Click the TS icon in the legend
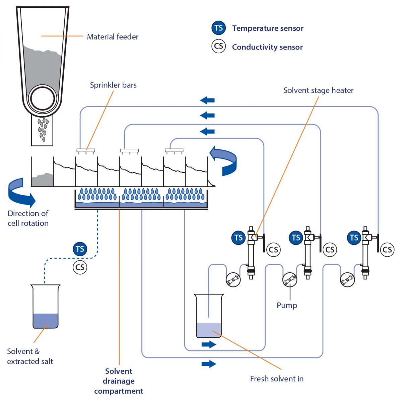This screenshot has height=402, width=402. click(219, 28)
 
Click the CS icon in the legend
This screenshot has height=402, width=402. click(219, 46)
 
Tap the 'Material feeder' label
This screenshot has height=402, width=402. click(113, 37)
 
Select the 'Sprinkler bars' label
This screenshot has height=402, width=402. click(113, 85)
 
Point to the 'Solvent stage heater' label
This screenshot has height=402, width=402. click(318, 90)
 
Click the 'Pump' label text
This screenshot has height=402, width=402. click(287, 306)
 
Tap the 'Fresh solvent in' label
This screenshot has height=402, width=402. click(277, 379)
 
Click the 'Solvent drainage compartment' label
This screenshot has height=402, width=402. click(119, 381)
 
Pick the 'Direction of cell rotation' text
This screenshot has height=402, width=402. click(28, 218)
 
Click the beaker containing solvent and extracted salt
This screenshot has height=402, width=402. click(45, 307)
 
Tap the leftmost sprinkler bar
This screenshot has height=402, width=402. click(86, 150)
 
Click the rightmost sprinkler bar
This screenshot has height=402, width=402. click(174, 150)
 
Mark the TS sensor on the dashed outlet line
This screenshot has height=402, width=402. click(80, 249)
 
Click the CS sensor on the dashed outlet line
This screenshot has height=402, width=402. click(80, 267)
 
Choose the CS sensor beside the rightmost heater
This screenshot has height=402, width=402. click(387, 250)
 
